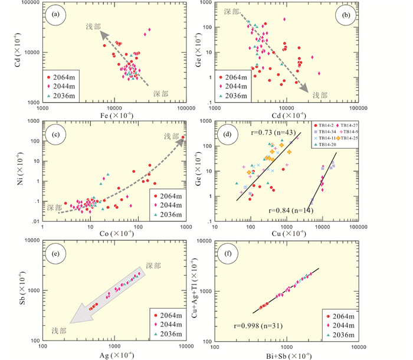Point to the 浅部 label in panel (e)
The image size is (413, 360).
[60, 329]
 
